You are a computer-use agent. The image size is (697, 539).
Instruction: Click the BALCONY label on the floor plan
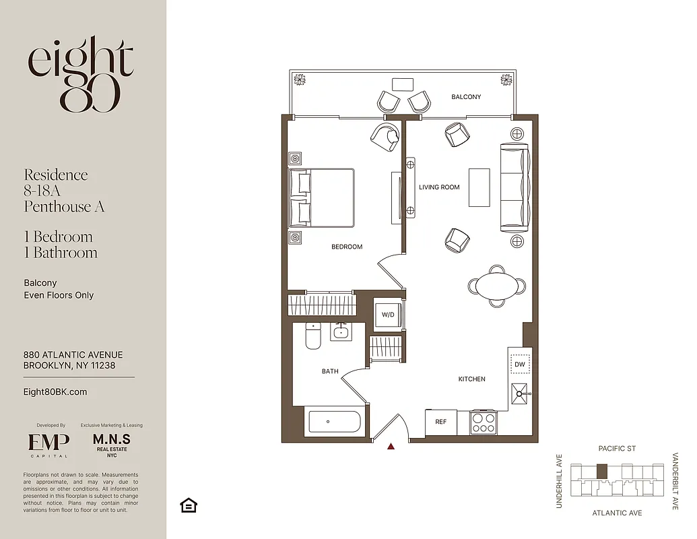pyautogui.click(x=466, y=97)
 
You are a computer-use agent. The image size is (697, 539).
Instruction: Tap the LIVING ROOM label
pyautogui.click(x=439, y=187)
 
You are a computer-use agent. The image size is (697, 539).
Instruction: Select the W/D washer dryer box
pyautogui.click(x=388, y=314)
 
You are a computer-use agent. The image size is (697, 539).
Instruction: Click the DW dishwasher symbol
pyautogui.click(x=519, y=364)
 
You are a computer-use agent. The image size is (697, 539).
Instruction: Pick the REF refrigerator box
pyautogui.click(x=440, y=422)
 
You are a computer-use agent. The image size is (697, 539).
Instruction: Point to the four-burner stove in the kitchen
pyautogui.click(x=483, y=422)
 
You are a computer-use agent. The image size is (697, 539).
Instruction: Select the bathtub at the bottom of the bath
pyautogui.click(x=334, y=422)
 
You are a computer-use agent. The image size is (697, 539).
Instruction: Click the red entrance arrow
pyautogui.click(x=391, y=445)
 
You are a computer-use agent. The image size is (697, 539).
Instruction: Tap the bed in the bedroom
pyautogui.click(x=321, y=197)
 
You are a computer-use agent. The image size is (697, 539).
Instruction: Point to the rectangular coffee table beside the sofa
pyautogui.click(x=479, y=187)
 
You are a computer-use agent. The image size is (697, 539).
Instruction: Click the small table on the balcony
pyautogui.click(x=403, y=84)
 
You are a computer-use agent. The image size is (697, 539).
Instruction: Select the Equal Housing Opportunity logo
pyautogui.click(x=189, y=505)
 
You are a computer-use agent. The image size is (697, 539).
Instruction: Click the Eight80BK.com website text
pyautogui.click(x=55, y=391)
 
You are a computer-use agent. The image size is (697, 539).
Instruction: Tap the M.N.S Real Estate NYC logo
pyautogui.click(x=111, y=444)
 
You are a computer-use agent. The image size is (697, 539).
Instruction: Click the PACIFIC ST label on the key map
pyautogui.click(x=617, y=449)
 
